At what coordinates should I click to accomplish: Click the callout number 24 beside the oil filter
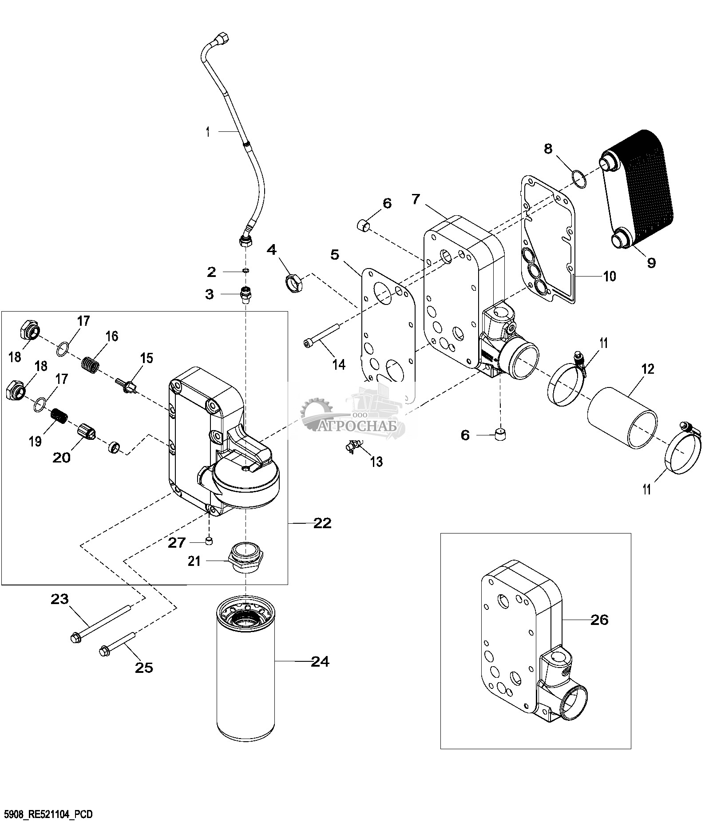320,662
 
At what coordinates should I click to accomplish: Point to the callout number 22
322,524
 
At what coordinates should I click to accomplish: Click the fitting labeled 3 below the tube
245,294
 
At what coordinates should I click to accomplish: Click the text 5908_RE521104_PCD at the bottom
46,814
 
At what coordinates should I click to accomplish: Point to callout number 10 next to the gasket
609,276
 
